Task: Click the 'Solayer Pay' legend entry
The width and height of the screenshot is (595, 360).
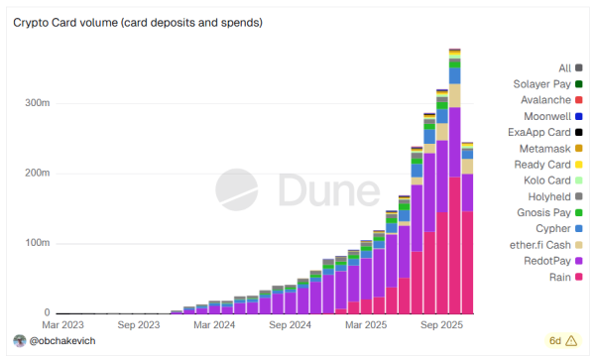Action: pyautogui.click(x=542, y=83)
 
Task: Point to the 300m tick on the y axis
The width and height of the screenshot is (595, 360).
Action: pyautogui.click(x=37, y=103)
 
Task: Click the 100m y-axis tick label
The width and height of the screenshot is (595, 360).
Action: pyautogui.click(x=37, y=243)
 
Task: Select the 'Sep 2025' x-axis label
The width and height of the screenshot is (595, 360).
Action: pyautogui.click(x=442, y=323)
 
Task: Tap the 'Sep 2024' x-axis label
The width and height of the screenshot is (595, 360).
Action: pyautogui.click(x=291, y=323)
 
